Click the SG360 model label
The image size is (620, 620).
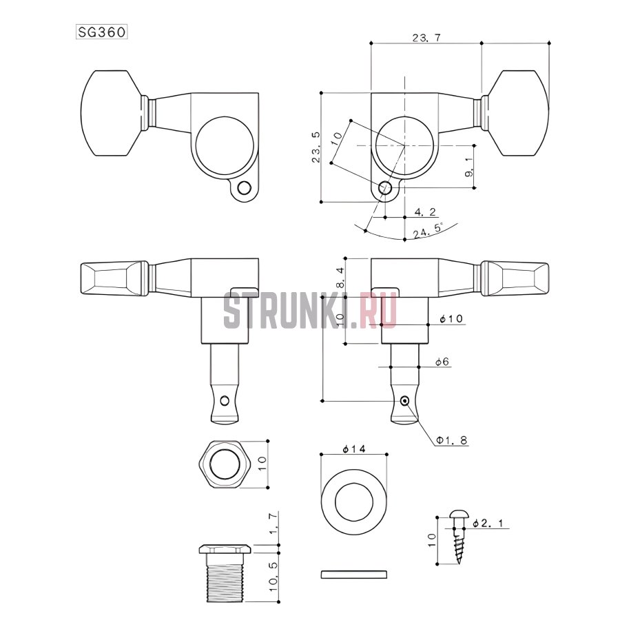[x=102, y=32]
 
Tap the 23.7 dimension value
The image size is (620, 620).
[x=426, y=38]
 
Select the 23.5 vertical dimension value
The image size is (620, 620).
[x=316, y=147]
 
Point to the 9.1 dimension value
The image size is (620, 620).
[x=470, y=167]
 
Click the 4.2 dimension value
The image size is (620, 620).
[x=425, y=212]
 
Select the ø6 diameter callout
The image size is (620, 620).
[x=442, y=362]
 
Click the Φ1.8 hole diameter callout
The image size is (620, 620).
[x=451, y=440]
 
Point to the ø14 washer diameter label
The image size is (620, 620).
[x=354, y=449]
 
